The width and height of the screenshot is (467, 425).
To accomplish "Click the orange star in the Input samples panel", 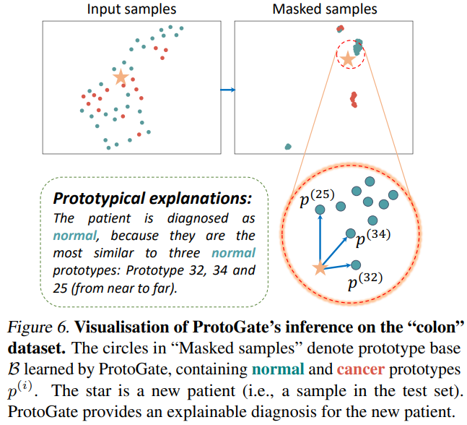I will (x=121, y=76).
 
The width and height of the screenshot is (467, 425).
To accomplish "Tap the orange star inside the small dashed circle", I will (x=349, y=59).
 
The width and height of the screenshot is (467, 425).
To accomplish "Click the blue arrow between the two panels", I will (x=228, y=90).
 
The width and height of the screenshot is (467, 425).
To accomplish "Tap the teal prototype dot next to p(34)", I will (x=350, y=234).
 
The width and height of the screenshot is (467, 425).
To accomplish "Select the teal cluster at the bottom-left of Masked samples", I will (x=287, y=146).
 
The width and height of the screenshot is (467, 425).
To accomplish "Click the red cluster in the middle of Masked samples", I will (x=353, y=99).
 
